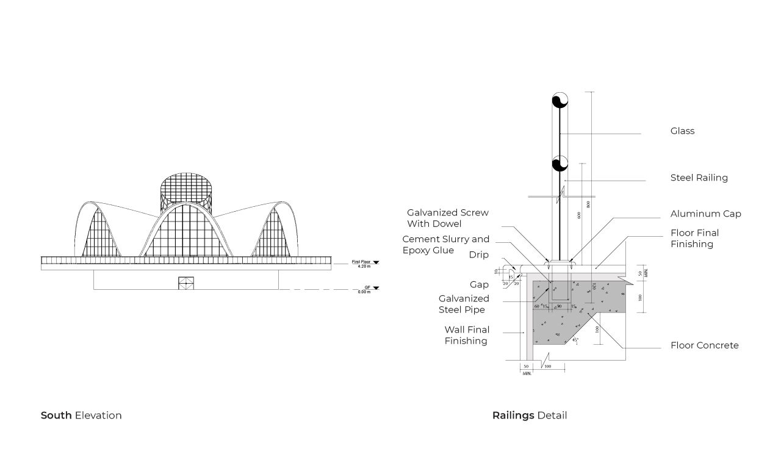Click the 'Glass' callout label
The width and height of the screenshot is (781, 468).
tap(682, 131)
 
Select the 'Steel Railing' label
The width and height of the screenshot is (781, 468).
tap(699, 178)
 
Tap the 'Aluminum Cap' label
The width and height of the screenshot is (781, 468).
tap(705, 214)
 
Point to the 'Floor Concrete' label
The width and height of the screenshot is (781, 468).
tap(704, 345)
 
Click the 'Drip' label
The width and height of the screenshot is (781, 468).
tap(479, 254)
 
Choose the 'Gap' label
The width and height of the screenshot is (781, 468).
tap(479, 285)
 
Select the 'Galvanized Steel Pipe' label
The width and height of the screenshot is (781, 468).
tap(464, 304)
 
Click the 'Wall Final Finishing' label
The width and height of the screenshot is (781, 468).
tap(466, 336)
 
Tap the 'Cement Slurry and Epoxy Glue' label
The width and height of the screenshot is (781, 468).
tap(445, 245)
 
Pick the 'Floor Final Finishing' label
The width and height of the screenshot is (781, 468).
tap(694, 238)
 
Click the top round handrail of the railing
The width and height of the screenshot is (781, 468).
tap(560, 101)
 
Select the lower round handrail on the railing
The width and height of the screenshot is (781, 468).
tap(560, 164)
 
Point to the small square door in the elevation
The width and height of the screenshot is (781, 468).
tap(185, 283)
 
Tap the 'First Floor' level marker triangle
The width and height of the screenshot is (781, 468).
tap(376, 262)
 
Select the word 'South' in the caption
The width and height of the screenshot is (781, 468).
tap(56, 416)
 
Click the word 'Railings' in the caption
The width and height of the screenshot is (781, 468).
tap(513, 416)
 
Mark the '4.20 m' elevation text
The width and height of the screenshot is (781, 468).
tap(365, 267)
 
